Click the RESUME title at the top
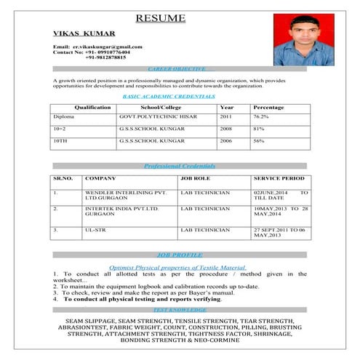click(160, 18)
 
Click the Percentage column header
click(268, 107)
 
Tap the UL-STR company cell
click(95, 230)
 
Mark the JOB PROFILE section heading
click(179, 255)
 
